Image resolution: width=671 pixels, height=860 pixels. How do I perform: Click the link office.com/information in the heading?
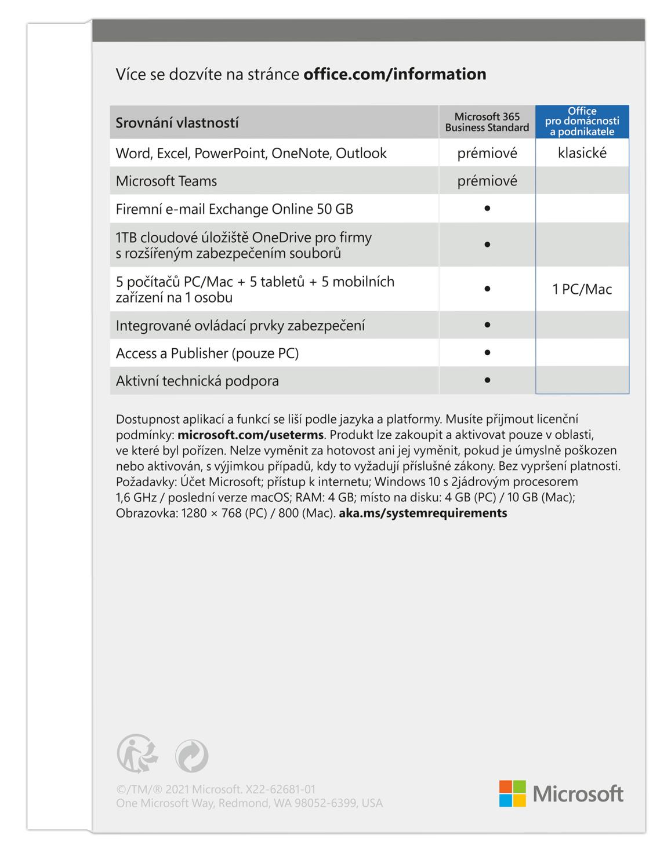point(394,74)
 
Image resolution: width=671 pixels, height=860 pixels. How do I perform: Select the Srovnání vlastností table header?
point(177,123)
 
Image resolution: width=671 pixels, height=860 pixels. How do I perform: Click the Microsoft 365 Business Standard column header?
point(487,122)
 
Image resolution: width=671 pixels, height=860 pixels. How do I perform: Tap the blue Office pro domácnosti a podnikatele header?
point(582,122)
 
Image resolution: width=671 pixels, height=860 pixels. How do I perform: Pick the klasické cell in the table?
point(582,153)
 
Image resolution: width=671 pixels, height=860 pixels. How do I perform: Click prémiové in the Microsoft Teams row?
point(487,181)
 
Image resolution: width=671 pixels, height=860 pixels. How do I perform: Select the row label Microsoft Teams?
point(166,181)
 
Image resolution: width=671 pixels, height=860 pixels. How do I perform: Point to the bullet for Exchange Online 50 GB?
point(487,208)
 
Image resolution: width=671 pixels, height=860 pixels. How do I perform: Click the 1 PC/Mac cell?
point(582,289)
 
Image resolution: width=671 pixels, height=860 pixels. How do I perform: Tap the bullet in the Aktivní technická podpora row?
point(487,380)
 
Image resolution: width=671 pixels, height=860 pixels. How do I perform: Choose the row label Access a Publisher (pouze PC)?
point(207,353)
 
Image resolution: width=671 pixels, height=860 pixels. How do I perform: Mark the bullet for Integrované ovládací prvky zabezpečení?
point(487,325)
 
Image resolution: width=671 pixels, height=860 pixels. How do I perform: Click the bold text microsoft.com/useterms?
point(250,435)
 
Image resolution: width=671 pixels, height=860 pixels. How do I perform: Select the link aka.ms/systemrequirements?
point(423,513)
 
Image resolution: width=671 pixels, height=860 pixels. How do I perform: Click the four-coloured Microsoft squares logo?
point(512,793)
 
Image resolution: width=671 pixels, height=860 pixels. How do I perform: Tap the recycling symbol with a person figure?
point(137,754)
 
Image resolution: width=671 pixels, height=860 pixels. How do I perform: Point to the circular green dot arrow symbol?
point(191,755)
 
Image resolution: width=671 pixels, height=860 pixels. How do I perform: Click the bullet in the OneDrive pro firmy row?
point(487,245)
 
